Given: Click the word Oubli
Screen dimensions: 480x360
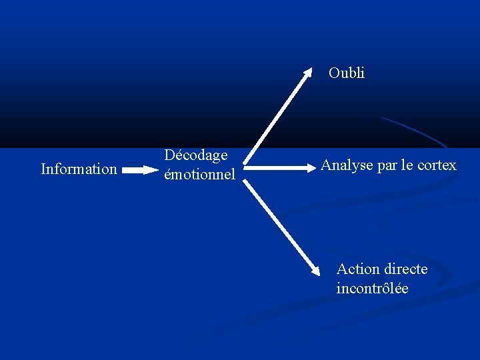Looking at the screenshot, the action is [x=347, y=73].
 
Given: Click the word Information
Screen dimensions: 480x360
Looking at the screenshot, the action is [x=79, y=169].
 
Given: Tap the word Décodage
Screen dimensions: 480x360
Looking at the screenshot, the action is [x=196, y=155].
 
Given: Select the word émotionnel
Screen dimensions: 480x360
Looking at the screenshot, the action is [x=199, y=175].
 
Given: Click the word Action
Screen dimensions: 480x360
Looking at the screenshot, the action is [x=358, y=269].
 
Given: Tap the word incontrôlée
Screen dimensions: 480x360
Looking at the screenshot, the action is [x=372, y=289].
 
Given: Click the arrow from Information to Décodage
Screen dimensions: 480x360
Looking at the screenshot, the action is [x=139, y=170].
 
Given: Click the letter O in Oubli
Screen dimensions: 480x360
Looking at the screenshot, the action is [x=334, y=73].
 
